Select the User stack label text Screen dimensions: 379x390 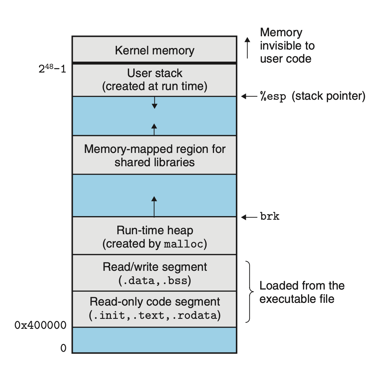tap(154, 73)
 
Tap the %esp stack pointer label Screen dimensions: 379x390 tap(313, 96)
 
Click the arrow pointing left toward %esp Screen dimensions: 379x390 tap(249, 96)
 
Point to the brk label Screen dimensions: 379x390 tap(270, 216)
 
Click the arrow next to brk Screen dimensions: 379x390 tap(249, 217)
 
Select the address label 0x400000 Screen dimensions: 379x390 tap(41, 325)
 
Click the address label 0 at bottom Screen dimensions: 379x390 tap(63, 348)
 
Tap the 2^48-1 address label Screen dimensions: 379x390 tap(52, 69)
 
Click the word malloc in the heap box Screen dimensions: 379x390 tap(183, 244)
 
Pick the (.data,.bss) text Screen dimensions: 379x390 tap(154, 281)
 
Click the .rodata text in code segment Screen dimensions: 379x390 tap(197, 316)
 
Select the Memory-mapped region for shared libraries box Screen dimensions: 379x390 tap(154, 155)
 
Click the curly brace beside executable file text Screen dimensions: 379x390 tap(249, 292)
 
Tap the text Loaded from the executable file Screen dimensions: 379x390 tap(301, 292)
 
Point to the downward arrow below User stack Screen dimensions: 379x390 tap(154, 103)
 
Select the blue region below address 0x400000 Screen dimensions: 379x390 tap(154, 340)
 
